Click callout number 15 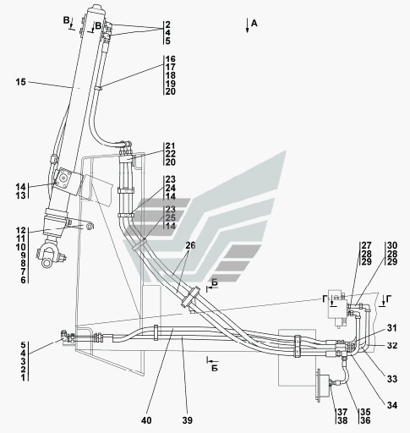point(21,82)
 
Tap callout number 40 point(146,420)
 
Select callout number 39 point(187,420)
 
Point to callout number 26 point(190,245)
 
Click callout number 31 point(391,328)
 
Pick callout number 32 point(391,345)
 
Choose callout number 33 point(391,379)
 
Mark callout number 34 point(391,405)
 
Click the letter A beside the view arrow point(254,24)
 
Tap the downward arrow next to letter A point(247,25)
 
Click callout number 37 point(342,412)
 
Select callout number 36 point(365,420)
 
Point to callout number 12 point(21,231)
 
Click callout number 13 point(21,195)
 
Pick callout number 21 point(170,145)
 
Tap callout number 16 point(170,59)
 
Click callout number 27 point(366,245)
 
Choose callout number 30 point(392,245)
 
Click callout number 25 point(170,217)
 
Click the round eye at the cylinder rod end point(46,263)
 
